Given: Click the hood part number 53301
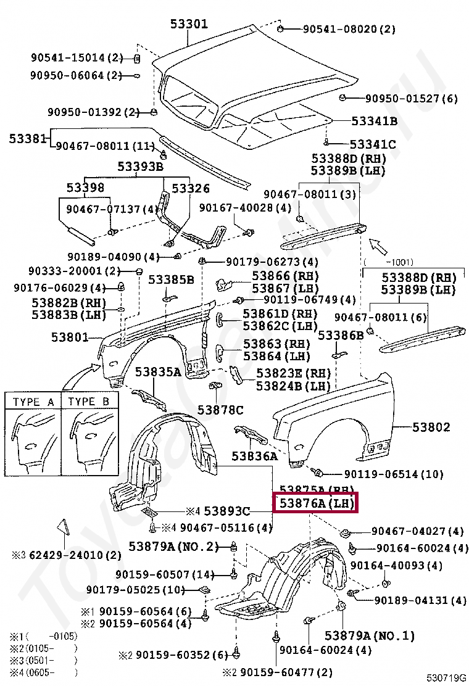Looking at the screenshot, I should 189,25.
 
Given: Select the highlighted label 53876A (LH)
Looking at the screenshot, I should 316,503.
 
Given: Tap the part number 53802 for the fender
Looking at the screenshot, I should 431,427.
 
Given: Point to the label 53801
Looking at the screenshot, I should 69,337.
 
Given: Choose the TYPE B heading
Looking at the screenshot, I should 89,402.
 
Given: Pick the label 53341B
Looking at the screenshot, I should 374,121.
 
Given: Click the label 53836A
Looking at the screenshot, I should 254,457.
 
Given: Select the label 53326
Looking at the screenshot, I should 191,188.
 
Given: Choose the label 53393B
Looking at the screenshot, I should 141,167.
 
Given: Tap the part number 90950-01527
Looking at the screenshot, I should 403,98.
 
